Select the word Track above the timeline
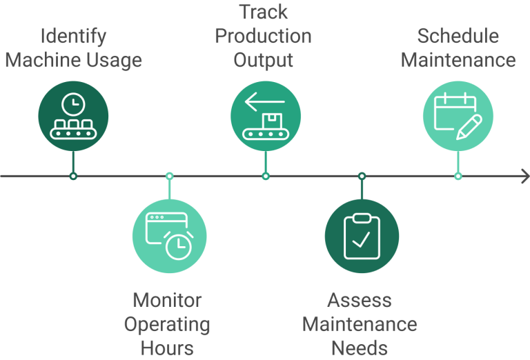pos(263,12)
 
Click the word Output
pos(263,60)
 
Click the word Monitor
pos(167,301)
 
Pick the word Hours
pos(167,348)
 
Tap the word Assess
pos(360,301)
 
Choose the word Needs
pos(360,348)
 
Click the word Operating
pos(167,324)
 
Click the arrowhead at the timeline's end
pos(522,177)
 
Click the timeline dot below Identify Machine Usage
pos(73,177)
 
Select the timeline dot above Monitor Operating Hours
pos(169,177)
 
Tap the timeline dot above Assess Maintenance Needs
pos(362,177)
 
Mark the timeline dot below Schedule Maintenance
pos(458,177)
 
